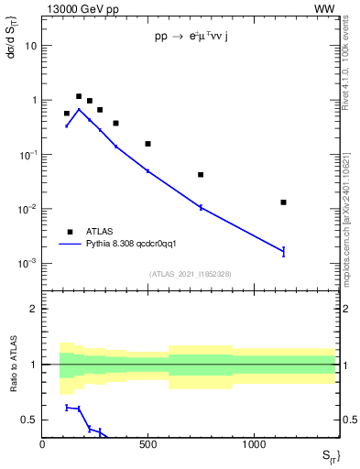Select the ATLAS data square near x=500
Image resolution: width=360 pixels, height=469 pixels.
tap(147, 144)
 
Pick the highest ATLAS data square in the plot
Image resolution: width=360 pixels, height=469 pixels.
tap(79, 96)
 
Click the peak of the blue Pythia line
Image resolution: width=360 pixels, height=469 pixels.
tap(79, 109)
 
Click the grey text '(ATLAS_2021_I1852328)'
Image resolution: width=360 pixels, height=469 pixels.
tap(190, 274)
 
